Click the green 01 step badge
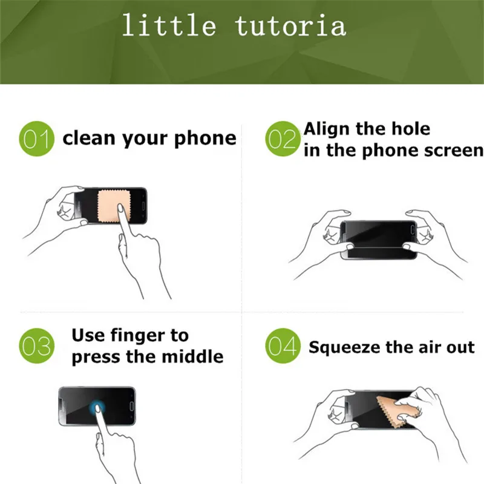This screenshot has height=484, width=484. click(x=36, y=139)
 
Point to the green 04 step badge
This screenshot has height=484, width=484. click(x=283, y=347)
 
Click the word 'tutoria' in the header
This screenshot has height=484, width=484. click(x=291, y=25)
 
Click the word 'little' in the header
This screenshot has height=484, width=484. click(x=168, y=25)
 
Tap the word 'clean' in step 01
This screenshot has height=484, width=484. click(x=89, y=138)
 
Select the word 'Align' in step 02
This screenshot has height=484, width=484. click(x=329, y=129)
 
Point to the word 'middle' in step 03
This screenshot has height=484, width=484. click(x=193, y=356)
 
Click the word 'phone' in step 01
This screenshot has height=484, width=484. click(x=206, y=139)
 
